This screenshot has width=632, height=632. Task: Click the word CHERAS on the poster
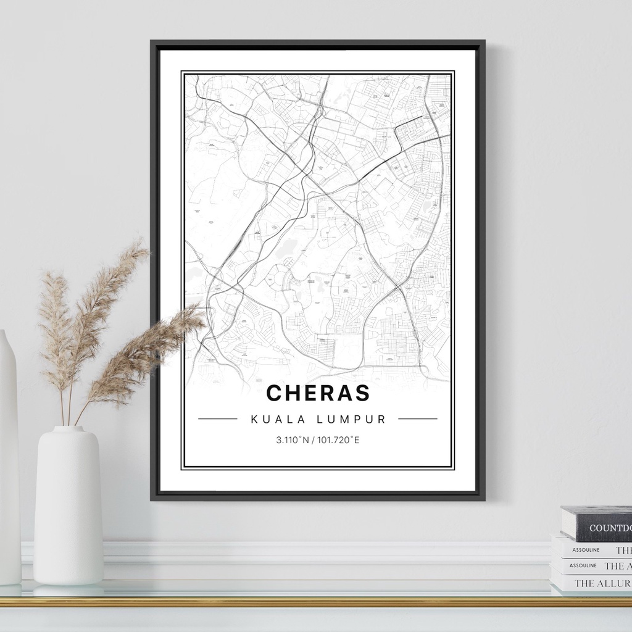coord(318,393)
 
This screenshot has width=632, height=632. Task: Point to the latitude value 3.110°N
coord(291,440)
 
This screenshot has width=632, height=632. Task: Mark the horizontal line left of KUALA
coord(217,419)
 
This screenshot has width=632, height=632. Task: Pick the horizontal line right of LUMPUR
coord(418,419)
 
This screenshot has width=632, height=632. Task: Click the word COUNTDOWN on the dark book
coord(610,528)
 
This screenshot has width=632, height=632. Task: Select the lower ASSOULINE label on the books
coord(583,565)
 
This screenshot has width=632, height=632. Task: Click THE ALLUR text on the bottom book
coord(602,583)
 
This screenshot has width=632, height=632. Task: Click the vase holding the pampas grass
coord(68,506)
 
